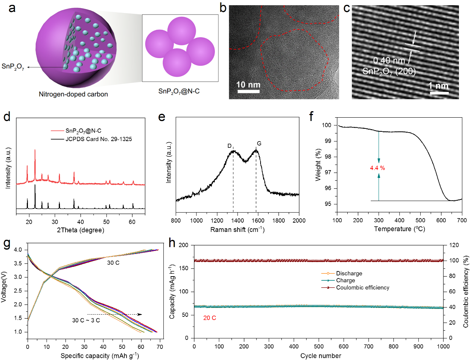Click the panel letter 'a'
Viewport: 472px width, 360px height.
(x=12, y=8)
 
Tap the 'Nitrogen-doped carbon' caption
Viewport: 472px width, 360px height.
(x=73, y=94)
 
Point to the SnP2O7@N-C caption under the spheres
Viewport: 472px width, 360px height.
(x=179, y=91)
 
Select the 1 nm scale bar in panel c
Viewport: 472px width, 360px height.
(x=439, y=92)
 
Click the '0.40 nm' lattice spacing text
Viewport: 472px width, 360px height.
(x=389, y=61)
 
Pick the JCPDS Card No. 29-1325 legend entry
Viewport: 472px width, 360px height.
(x=99, y=139)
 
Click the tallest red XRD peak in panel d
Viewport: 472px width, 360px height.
(x=35, y=151)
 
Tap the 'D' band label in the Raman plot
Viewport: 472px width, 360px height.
(x=229, y=146)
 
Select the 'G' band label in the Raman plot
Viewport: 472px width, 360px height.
(x=259, y=143)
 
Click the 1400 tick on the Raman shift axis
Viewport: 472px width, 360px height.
(x=237, y=220)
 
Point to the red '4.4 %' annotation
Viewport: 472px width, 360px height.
(x=377, y=168)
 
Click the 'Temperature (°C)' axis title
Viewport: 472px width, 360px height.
(x=399, y=229)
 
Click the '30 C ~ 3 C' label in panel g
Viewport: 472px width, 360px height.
(x=86, y=320)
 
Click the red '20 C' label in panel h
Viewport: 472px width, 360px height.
(x=210, y=318)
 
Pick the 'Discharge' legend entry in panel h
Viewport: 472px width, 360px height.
(x=349, y=273)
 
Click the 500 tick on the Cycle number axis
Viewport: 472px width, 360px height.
(x=319, y=346)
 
